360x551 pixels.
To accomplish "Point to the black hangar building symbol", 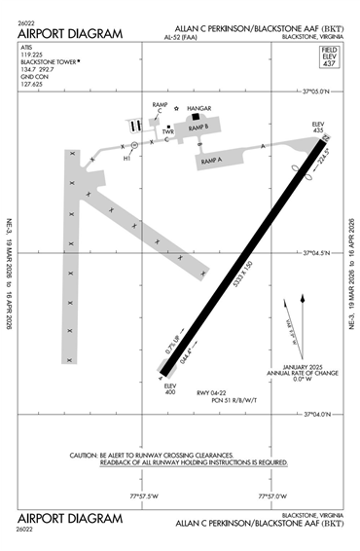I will coord(196,118).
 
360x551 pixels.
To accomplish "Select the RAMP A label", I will coord(212,158).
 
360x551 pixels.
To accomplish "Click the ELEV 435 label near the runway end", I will coord(317,128).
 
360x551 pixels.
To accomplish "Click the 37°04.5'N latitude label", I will coord(317,253).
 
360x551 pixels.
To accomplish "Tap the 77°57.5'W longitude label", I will coord(142,496).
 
